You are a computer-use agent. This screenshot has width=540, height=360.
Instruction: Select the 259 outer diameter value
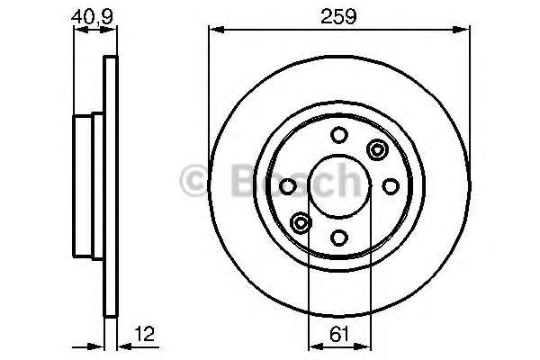[x=339, y=15]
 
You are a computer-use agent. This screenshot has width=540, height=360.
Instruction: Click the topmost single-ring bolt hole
[x=339, y=135]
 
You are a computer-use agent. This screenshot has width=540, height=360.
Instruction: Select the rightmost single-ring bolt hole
[x=391, y=185]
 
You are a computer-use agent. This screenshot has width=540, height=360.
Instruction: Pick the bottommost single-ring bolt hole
[x=339, y=238]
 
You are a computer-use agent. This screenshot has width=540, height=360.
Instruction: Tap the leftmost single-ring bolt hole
[x=288, y=185]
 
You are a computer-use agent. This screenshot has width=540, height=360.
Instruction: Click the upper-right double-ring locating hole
[x=376, y=149]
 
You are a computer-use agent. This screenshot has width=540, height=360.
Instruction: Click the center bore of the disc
[x=339, y=185]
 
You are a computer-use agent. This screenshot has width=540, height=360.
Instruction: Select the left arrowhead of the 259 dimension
[x=213, y=30]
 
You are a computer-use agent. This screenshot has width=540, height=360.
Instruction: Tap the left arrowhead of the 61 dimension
[x=313, y=346]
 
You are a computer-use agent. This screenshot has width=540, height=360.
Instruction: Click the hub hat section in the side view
[x=89, y=185]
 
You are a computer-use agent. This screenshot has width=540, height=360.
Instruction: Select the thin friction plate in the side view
[x=112, y=185]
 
